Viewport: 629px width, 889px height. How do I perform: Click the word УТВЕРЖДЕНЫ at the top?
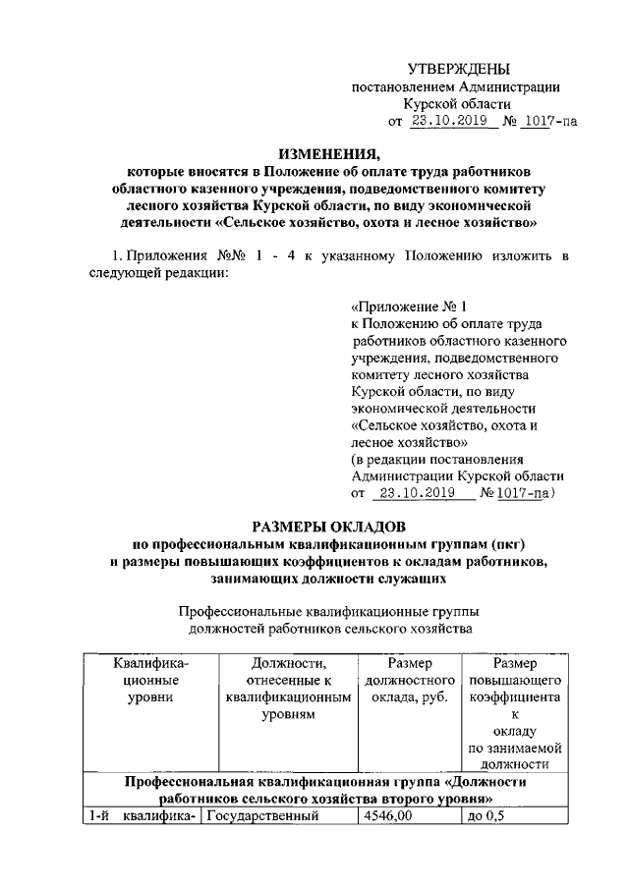pyautogui.click(x=459, y=70)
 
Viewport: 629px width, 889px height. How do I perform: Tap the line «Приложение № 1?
pyautogui.click(x=402, y=306)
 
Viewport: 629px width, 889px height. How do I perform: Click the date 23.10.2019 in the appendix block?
pyautogui.click(x=416, y=493)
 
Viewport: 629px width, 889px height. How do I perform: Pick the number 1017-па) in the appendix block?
pyautogui.click(x=528, y=493)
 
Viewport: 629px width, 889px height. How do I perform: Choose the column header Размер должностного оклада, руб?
pyautogui.click(x=406, y=680)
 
